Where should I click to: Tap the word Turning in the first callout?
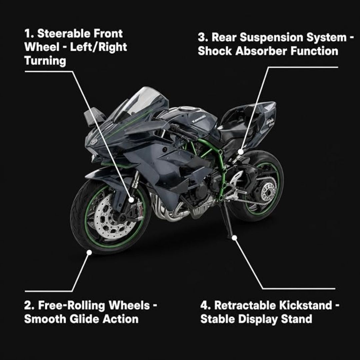(x=45, y=61)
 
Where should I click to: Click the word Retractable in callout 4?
(x=245, y=305)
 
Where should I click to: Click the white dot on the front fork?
(x=131, y=200)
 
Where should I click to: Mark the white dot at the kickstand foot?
(x=234, y=238)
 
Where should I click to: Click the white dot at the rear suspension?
(x=240, y=152)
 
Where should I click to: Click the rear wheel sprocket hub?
(x=268, y=191)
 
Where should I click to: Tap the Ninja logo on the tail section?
(x=270, y=121)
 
